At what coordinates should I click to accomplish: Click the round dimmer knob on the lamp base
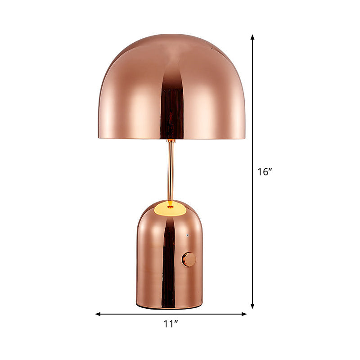189,259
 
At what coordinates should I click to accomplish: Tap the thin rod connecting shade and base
171,171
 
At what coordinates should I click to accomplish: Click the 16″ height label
265,171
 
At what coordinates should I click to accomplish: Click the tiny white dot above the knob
188,236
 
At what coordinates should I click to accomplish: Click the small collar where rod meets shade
171,141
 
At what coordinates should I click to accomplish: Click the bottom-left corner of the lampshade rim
99,137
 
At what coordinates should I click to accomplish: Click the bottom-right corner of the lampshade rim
245,138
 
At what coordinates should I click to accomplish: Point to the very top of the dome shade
171,34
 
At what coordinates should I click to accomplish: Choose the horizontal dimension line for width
135,314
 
